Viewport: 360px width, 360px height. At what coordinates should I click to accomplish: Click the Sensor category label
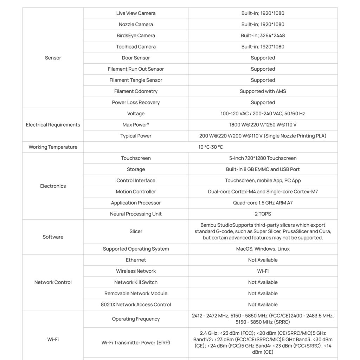coord(53,58)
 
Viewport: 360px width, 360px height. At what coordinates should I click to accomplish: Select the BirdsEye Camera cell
coord(136,36)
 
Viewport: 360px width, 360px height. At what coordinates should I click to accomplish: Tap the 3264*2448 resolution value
coord(263,36)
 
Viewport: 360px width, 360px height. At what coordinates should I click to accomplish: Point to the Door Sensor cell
coord(136,58)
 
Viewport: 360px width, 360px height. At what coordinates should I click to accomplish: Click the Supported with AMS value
coord(263,91)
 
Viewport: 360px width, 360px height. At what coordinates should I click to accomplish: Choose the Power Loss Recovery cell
coord(136,103)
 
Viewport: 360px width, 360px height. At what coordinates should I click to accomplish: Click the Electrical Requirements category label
coord(53,125)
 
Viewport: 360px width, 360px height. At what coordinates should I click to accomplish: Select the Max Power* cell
coord(136,125)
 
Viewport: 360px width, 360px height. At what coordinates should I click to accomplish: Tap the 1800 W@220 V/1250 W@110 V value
coord(263,125)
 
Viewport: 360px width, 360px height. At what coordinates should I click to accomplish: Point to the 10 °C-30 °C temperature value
coord(210,147)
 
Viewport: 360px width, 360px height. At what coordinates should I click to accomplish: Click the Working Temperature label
coord(53,147)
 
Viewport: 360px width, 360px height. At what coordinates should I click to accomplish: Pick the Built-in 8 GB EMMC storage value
coord(263,169)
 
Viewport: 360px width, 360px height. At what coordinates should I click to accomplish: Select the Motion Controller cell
coord(136,192)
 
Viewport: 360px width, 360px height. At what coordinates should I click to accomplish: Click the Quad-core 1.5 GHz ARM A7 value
coord(263,203)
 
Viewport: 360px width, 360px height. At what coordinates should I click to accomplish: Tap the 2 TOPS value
coord(263,214)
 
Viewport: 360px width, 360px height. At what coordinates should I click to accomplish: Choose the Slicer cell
coord(136,231)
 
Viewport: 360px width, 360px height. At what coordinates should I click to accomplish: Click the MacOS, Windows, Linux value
coord(263,249)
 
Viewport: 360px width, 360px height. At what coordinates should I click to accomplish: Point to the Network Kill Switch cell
coord(136,282)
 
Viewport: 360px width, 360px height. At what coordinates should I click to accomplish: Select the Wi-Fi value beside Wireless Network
coord(263,271)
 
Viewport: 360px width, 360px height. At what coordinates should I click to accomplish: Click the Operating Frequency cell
coord(136,319)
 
